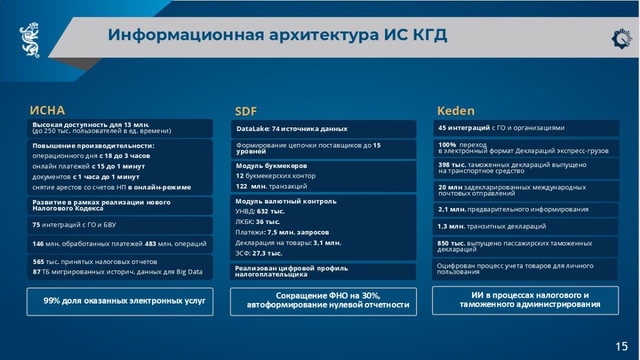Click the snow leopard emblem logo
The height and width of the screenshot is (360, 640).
pyautogui.click(x=29, y=40)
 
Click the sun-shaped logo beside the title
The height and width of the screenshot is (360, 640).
pyautogui.click(x=621, y=39)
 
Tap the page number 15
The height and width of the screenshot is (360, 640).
pyautogui.click(x=621, y=346)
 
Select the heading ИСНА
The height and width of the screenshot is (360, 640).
pyautogui.click(x=47, y=110)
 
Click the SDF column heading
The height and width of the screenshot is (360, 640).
pyautogui.click(x=246, y=111)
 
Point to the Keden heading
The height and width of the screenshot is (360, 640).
pyautogui.click(x=455, y=111)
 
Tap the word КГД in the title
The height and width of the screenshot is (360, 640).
pyautogui.click(x=430, y=35)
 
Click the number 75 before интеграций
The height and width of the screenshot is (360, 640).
pyautogui.click(x=36, y=225)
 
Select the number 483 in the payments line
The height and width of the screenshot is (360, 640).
pyautogui.click(x=150, y=244)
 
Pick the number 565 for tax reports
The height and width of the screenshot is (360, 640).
pyautogui.click(x=38, y=262)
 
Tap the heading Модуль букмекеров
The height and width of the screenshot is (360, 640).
pyautogui.click(x=271, y=166)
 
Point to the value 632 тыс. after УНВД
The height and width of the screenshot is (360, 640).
pyautogui.click(x=270, y=211)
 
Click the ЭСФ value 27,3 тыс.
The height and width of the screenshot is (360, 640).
pyautogui.click(x=267, y=253)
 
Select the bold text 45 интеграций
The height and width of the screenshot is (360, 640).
pyautogui.click(x=464, y=127)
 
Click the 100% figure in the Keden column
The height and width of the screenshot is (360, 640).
pyautogui.click(x=447, y=145)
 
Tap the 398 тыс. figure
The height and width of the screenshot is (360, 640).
pyautogui.click(x=452, y=165)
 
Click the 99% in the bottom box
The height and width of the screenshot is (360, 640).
pyautogui.click(x=51, y=301)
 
